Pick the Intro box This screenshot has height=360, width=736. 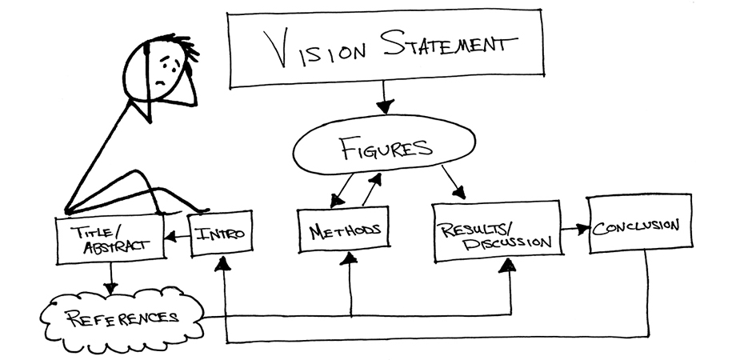point(221,234)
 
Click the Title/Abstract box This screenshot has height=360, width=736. point(110,238)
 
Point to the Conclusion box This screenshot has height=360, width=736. point(640,224)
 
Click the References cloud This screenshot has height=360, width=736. point(120,317)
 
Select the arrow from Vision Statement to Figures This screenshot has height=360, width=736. point(385,102)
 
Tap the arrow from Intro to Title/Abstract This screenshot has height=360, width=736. point(178,235)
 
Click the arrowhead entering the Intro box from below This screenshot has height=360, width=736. point(226,264)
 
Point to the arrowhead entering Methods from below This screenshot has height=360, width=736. point(350,258)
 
